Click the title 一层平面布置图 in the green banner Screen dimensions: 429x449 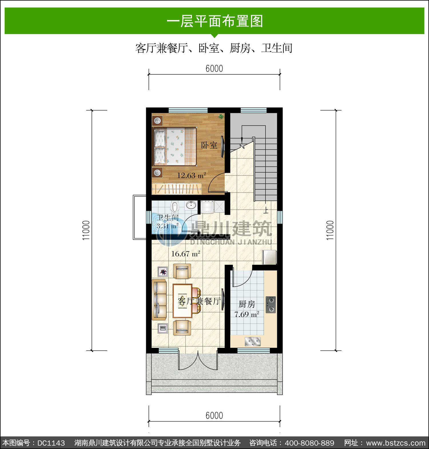[x=214, y=21]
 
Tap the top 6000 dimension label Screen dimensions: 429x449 [x=214, y=69]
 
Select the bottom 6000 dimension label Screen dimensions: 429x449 [x=214, y=416]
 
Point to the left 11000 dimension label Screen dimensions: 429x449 [x=86, y=230]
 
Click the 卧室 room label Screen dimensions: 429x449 [x=209, y=145]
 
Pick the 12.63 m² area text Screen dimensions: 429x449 [x=191, y=175]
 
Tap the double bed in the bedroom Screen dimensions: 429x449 [x=175, y=146]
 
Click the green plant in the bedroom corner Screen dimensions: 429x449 [x=221, y=116]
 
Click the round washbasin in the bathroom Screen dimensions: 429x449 [x=191, y=205]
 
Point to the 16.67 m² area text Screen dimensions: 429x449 [x=185, y=254]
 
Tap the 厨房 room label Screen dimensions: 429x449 [x=247, y=304]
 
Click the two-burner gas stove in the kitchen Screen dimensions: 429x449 [x=271, y=305]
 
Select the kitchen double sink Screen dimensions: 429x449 [x=253, y=341]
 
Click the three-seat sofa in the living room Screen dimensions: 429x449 [x=159, y=300]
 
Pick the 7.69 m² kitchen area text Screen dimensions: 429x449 [x=247, y=314]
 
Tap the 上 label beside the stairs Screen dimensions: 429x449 [x=266, y=211]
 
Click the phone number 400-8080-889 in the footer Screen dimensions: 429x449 [x=309, y=443]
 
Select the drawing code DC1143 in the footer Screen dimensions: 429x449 [x=51, y=443]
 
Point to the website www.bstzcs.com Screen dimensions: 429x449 [x=396, y=443]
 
